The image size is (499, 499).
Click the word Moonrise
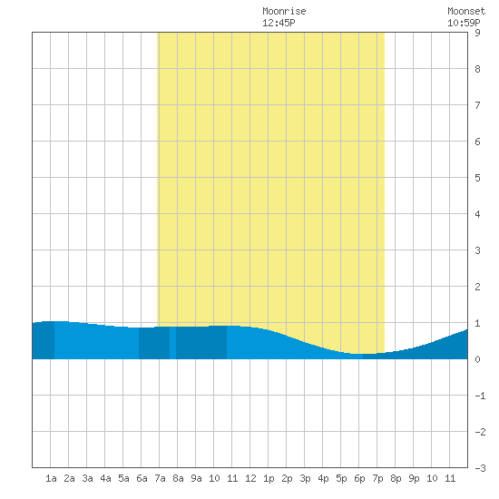click(284, 11)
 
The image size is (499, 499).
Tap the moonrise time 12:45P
click(279, 23)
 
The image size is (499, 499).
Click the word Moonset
click(466, 11)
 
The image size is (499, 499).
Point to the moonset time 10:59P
click(464, 23)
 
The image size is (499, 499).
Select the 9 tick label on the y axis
click(477, 33)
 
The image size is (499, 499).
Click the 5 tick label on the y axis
click(477, 178)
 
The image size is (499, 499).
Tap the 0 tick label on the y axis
click(477, 359)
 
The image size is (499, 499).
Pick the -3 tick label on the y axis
click(480, 468)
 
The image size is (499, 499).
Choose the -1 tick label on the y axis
click(480, 396)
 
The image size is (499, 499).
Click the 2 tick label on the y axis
click(477, 287)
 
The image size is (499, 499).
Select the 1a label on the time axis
click(51, 478)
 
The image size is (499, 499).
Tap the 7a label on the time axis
click(160, 478)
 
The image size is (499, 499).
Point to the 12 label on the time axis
click(250, 478)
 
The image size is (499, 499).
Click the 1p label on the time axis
click(269, 478)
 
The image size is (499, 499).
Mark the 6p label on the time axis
click(359, 478)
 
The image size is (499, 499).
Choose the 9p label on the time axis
click(414, 478)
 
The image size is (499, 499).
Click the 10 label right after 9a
click(214, 478)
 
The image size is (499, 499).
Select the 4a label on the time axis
click(105, 478)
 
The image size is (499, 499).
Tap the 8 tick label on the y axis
click(477, 69)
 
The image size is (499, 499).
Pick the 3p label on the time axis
click(305, 478)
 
